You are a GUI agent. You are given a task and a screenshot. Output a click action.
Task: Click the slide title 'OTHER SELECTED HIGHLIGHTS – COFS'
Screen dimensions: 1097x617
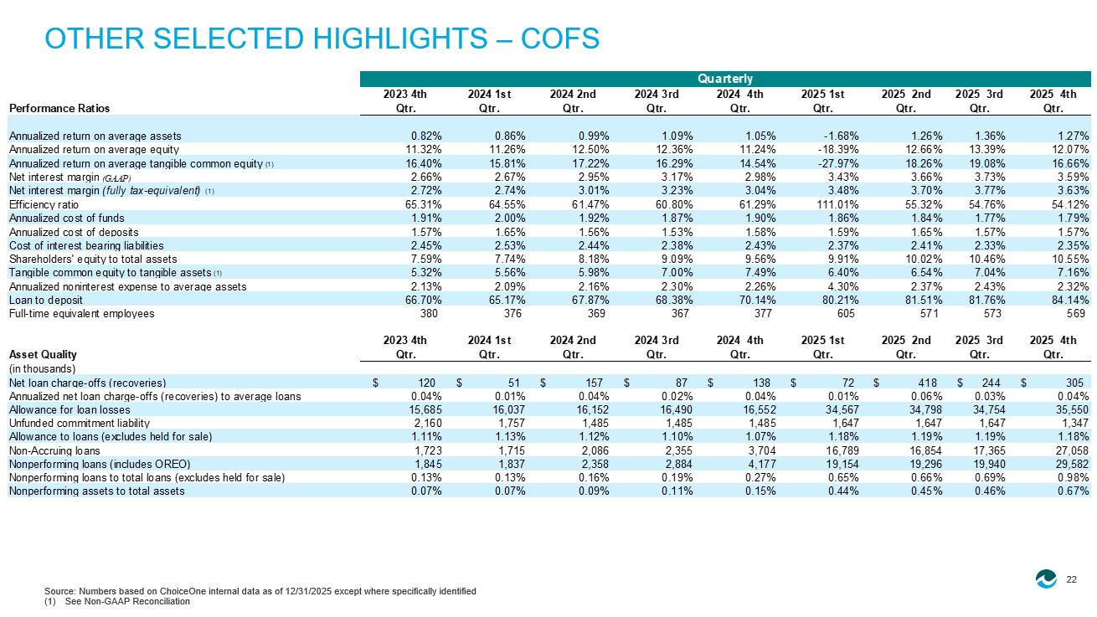coord(322,39)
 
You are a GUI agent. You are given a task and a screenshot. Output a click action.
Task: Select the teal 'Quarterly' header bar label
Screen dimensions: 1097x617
coord(725,79)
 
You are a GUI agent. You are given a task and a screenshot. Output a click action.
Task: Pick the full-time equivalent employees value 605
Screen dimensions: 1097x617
coord(846,313)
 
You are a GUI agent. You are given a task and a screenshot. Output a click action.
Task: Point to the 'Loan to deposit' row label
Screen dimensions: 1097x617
coord(45,301)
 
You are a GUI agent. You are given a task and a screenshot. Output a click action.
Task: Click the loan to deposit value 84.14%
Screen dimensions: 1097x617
coord(1069,301)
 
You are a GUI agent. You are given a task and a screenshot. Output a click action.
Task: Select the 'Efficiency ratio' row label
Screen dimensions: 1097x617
coord(44,204)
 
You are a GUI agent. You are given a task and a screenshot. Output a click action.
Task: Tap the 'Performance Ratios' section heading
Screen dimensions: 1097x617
coord(59,108)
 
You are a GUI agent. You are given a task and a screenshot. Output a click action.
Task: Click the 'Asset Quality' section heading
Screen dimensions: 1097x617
coord(43,354)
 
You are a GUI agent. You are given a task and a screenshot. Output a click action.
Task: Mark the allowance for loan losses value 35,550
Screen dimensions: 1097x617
coord(1073,410)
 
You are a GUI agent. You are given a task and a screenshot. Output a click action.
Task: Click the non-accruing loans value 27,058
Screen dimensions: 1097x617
coord(1073,450)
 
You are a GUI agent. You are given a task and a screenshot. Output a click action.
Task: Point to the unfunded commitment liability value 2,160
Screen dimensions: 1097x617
coord(428,423)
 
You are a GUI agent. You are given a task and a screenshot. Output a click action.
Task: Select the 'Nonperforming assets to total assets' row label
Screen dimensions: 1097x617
coord(96,491)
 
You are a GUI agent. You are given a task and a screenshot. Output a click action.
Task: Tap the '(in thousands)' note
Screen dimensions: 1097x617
coord(42,368)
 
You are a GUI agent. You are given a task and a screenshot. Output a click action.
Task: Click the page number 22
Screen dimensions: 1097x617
coord(1072,580)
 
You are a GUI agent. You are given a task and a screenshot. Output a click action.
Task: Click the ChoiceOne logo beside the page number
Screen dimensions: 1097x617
coord(1046,578)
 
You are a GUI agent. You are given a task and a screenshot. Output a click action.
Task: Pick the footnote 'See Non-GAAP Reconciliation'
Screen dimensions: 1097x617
coord(127,601)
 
